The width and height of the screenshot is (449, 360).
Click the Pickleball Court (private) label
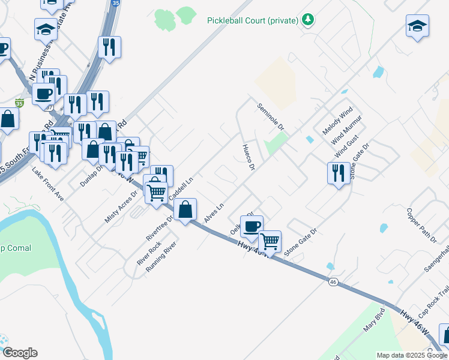[x=253, y=20]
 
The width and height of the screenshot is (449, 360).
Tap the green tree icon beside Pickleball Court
[x=308, y=20]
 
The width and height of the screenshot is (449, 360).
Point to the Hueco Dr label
[x=249, y=157]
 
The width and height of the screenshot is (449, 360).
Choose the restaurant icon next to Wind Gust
[x=339, y=173]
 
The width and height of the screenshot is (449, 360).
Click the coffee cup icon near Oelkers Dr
[x=252, y=226]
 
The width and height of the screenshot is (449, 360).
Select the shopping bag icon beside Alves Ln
[x=185, y=209]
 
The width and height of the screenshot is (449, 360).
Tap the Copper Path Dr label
[x=421, y=225]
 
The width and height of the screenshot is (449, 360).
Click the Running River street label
[x=161, y=257]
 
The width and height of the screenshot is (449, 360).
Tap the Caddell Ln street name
[x=182, y=189]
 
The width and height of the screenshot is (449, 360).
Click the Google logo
[x=19, y=353]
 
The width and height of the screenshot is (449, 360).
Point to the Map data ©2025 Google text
[x=411, y=355]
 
